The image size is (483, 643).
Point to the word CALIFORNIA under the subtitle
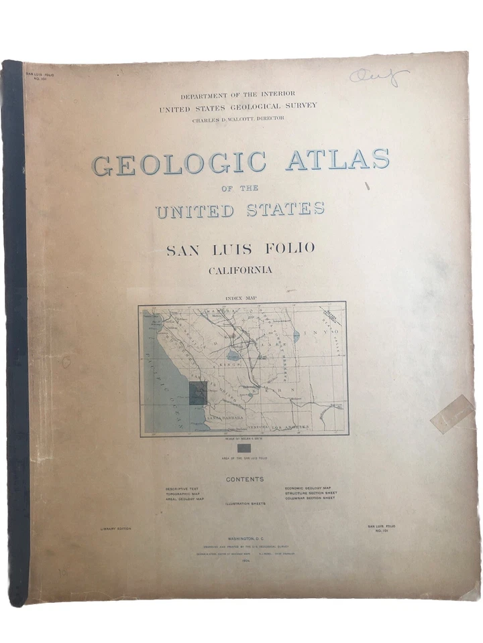[240, 271]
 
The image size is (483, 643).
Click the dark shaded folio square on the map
[197, 393]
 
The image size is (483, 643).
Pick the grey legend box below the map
[244, 447]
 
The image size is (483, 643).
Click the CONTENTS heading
[244, 480]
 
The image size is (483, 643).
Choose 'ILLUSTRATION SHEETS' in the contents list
[245, 503]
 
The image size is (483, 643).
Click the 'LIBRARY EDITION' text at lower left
[114, 528]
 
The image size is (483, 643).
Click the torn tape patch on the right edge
[452, 413]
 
